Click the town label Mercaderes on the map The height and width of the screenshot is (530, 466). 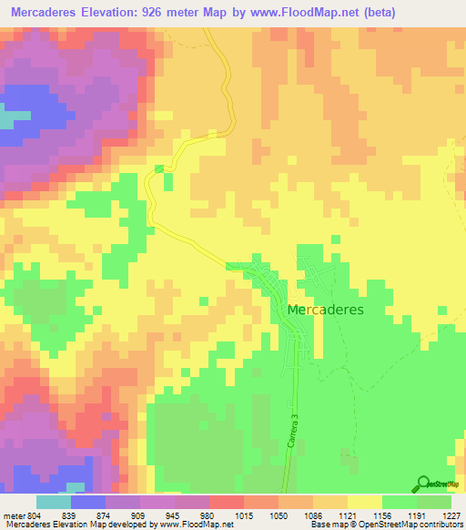pyautogui.click(x=325, y=310)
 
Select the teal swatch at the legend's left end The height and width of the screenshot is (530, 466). pyautogui.click(x=54, y=502)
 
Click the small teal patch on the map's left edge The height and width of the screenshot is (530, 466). pyautogui.click(x=7, y=119)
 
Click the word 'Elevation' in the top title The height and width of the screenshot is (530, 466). pyautogui.click(x=126, y=13)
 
